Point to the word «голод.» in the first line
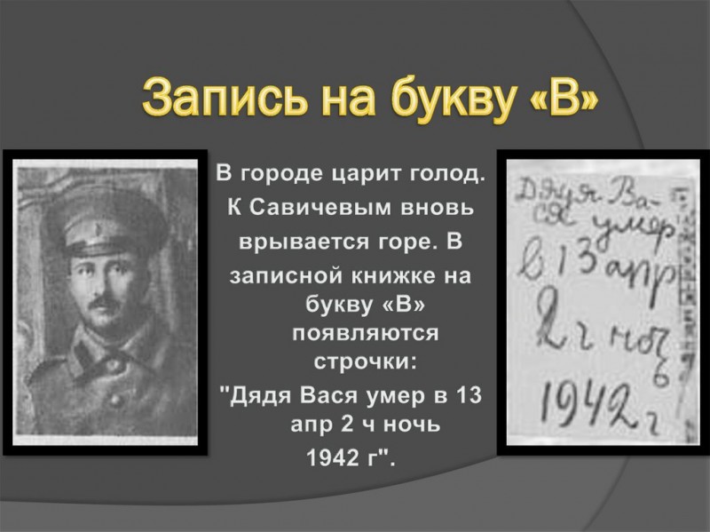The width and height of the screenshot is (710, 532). click(x=447, y=174)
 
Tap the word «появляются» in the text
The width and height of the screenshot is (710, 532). click(x=366, y=334)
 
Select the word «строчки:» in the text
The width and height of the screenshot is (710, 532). click(x=365, y=362)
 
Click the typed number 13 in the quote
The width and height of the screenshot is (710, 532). click(x=469, y=395)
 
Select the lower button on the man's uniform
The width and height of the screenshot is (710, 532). click(x=117, y=400)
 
